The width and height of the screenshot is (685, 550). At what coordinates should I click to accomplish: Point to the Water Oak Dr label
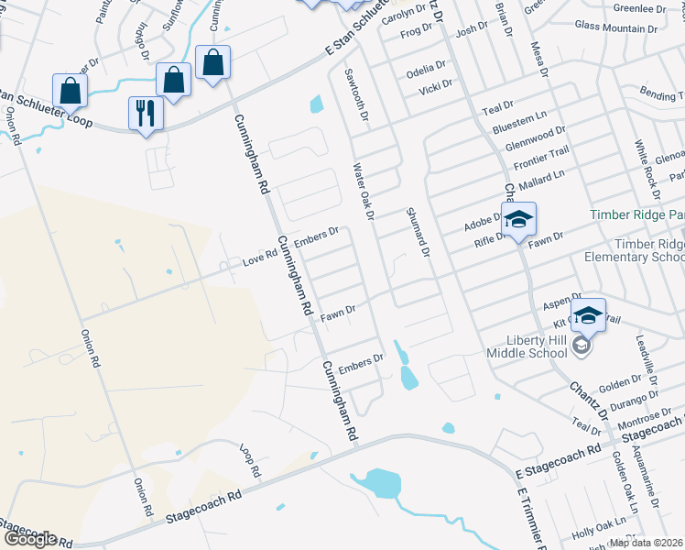click(x=364, y=191)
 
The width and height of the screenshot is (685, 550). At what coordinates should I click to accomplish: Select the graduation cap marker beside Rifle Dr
click(x=518, y=220)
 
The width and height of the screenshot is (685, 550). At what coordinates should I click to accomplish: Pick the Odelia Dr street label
click(x=427, y=69)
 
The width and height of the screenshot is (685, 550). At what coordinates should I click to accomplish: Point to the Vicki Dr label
click(x=434, y=86)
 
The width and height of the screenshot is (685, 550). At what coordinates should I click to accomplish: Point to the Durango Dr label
click(x=634, y=401)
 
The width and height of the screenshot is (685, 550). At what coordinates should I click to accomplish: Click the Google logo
click(x=30, y=538)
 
